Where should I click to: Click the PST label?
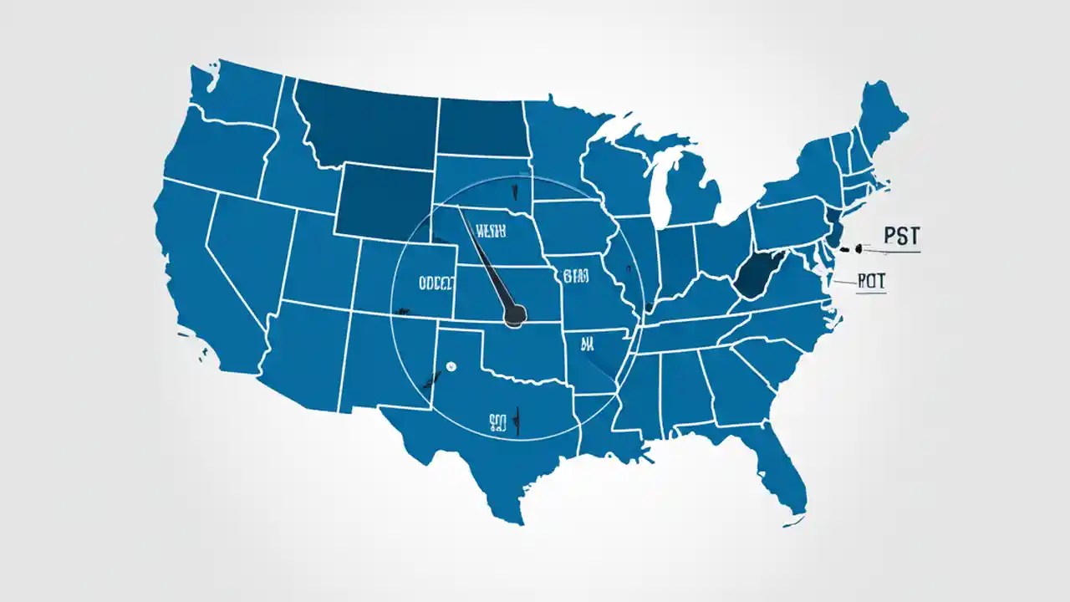click(x=900, y=237)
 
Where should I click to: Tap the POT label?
click(x=871, y=283)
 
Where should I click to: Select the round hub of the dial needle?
click(x=515, y=314)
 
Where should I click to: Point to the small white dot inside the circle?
click(x=451, y=365)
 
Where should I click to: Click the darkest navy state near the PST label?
click(x=757, y=275)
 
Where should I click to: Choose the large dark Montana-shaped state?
click(x=368, y=125)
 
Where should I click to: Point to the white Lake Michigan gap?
click(x=660, y=184)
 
